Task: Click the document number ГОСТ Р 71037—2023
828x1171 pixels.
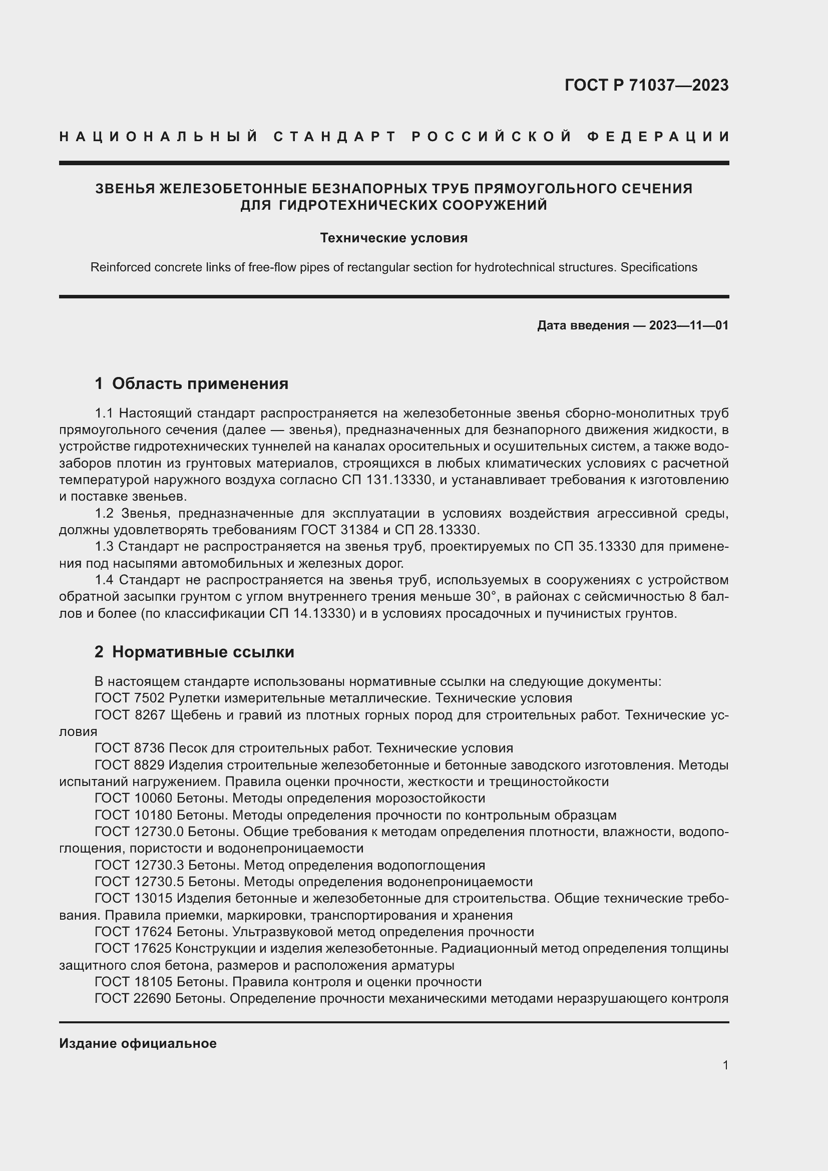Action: [x=646, y=85]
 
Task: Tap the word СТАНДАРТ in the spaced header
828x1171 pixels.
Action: [x=334, y=137]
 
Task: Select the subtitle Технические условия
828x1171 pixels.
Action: [x=393, y=238]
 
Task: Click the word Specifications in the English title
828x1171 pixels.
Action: [x=658, y=267]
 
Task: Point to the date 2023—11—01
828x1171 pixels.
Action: [x=688, y=325]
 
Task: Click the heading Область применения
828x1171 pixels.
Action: [x=200, y=383]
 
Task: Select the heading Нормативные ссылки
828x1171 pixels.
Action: [x=203, y=652]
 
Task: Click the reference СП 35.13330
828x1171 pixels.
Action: [x=595, y=547]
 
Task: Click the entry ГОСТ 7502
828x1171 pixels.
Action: [x=130, y=698]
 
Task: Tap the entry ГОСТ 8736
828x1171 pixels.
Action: [x=130, y=748]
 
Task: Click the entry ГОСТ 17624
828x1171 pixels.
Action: [x=134, y=932]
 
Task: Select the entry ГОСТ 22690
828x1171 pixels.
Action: [x=133, y=999]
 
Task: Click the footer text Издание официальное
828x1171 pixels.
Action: [x=138, y=1043]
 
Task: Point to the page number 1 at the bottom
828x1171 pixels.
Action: [x=725, y=1065]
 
